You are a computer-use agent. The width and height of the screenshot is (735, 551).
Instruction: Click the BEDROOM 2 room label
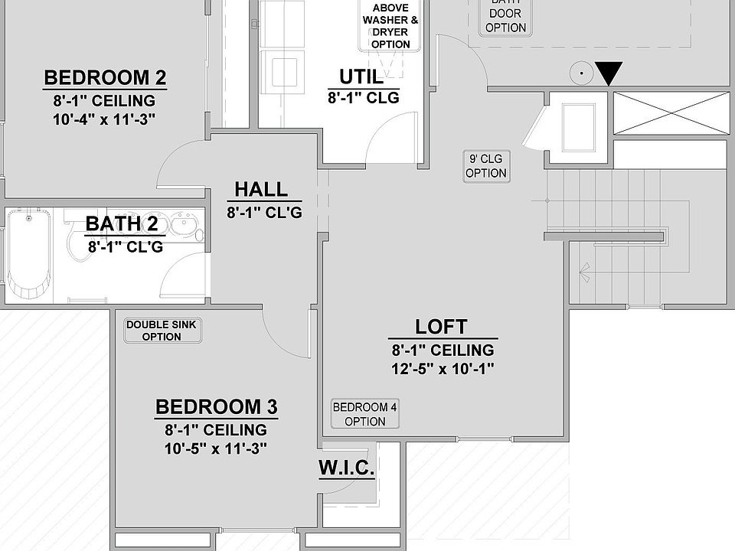105,78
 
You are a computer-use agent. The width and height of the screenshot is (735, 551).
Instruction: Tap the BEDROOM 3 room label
216,407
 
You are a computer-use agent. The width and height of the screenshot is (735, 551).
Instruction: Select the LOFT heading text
441,327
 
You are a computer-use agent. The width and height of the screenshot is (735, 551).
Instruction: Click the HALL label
261,189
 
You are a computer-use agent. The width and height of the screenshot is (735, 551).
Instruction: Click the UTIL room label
361,77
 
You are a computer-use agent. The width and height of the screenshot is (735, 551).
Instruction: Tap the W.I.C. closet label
347,468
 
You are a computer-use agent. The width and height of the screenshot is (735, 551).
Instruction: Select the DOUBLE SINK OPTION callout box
161,331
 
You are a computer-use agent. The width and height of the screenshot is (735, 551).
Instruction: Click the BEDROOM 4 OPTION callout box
364,414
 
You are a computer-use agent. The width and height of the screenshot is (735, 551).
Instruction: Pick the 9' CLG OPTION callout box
486,166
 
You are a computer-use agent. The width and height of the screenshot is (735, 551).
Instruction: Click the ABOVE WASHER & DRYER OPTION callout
390,26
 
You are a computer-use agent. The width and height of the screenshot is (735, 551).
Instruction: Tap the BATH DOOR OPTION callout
505,18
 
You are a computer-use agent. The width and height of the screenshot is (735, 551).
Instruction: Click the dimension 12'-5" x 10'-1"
443,368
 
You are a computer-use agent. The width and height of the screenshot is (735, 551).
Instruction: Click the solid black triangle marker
609,74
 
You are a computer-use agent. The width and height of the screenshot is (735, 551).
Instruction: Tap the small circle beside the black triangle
581,74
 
